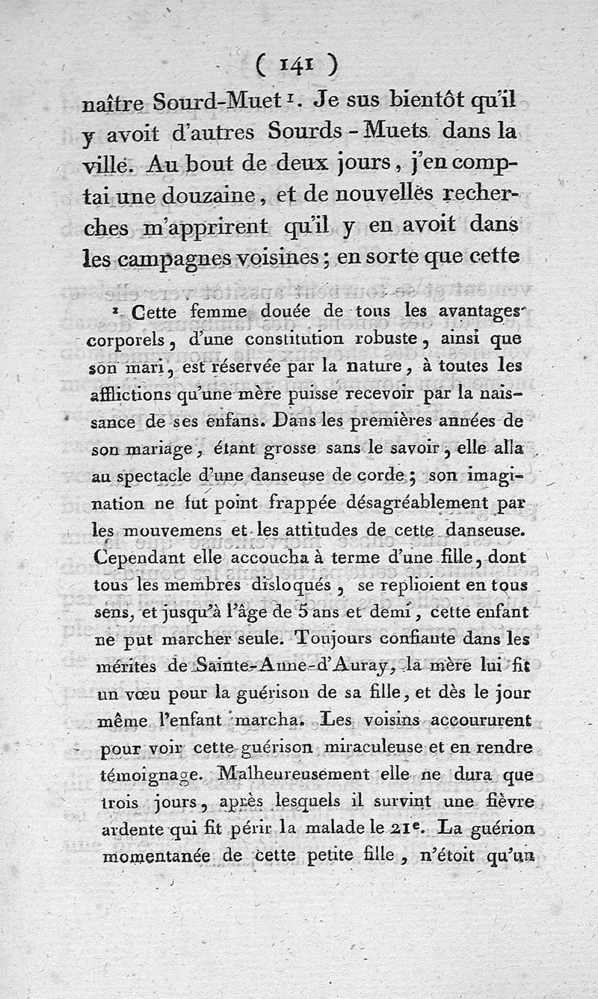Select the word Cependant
(x=135, y=557)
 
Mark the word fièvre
(x=508, y=801)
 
